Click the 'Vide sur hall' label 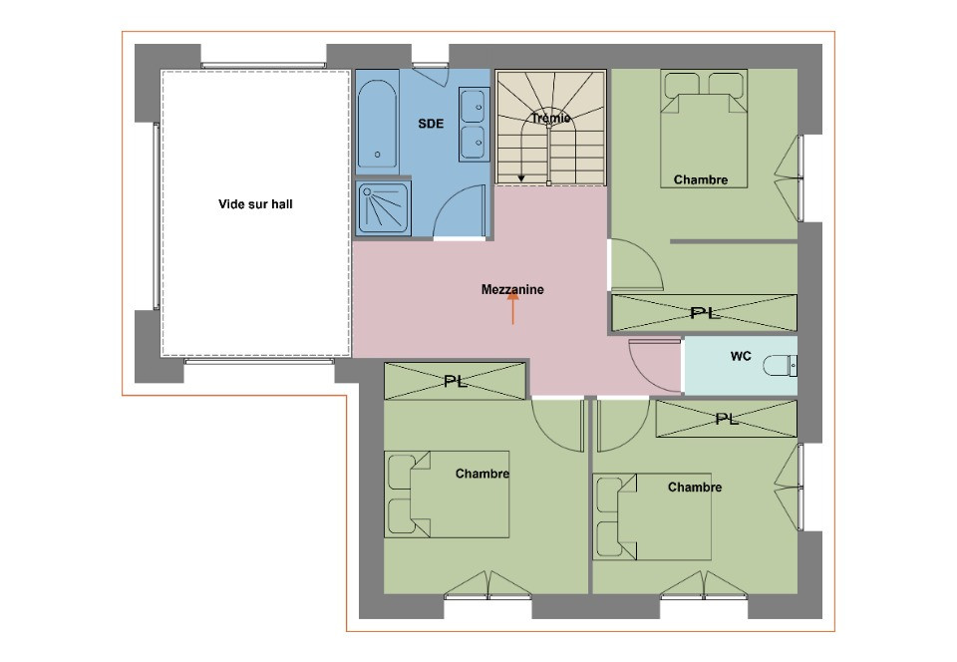(255, 204)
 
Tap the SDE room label (431, 124)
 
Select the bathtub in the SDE (377, 123)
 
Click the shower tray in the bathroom (383, 208)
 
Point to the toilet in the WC (780, 366)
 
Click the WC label (741, 356)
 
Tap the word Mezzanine (512, 290)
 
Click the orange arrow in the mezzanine (512, 307)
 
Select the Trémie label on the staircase (550, 118)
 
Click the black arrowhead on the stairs (521, 178)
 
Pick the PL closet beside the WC (705, 313)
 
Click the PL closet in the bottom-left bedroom (455, 381)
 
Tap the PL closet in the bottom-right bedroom (727, 419)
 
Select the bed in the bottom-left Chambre (447, 495)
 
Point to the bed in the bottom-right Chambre (652, 516)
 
